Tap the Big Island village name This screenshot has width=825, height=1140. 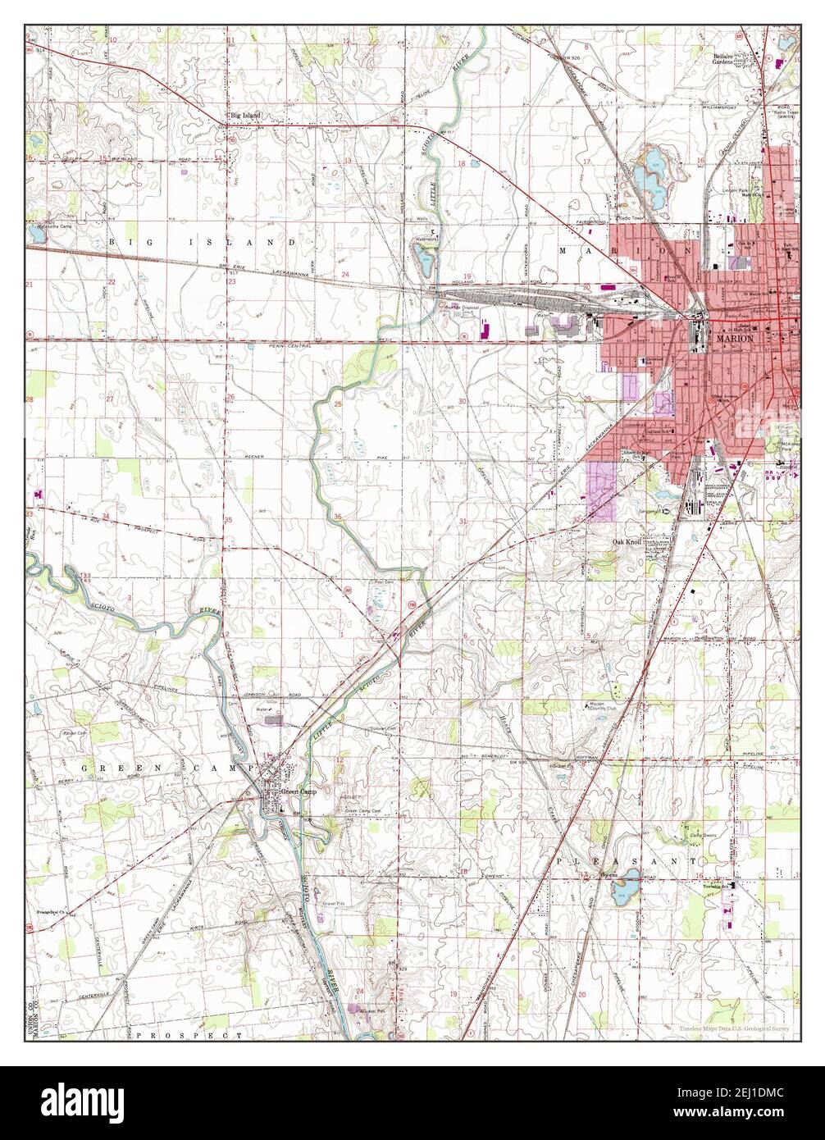tap(245, 116)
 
